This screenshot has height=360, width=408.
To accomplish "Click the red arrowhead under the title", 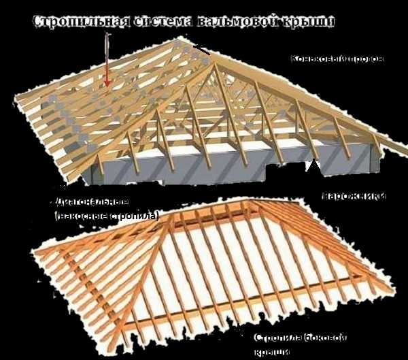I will [107, 84].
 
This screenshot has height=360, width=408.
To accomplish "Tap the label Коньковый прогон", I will [337, 59].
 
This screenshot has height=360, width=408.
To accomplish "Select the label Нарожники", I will [354, 196].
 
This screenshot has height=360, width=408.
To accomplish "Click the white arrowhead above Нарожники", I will [313, 164].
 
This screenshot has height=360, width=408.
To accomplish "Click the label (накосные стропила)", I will [107, 216].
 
